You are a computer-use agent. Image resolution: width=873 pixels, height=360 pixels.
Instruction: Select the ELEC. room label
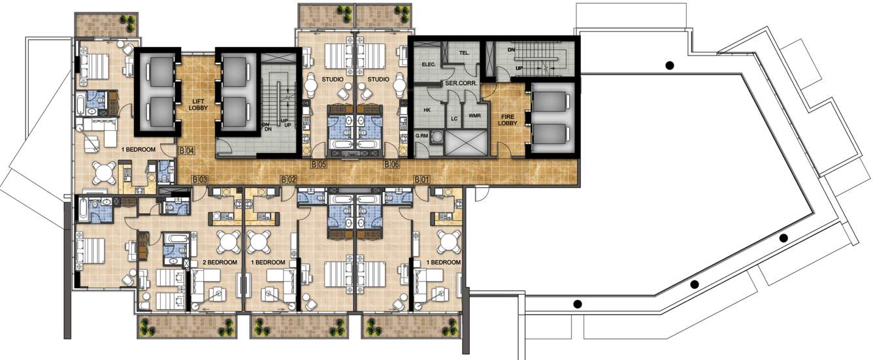click(428, 64)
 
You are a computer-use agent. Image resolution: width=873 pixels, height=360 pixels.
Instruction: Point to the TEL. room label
click(465, 52)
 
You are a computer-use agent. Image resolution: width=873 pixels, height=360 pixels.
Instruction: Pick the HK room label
click(426, 110)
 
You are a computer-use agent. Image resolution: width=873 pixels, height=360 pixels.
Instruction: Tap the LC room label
click(454, 119)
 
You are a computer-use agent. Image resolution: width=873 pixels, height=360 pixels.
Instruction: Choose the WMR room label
click(474, 116)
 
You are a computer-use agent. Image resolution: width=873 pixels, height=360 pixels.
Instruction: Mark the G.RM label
click(421, 137)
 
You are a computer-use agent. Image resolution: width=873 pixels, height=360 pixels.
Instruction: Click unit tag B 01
click(422, 178)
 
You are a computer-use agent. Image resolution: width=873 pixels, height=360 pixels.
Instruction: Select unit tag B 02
click(288, 178)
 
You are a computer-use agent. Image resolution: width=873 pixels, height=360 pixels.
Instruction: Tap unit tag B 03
click(199, 178)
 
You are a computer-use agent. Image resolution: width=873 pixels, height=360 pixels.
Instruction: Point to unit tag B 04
click(186, 151)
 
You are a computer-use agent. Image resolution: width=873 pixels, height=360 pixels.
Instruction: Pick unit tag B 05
click(318, 164)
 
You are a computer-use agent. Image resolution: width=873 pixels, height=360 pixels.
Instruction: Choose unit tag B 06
click(391, 164)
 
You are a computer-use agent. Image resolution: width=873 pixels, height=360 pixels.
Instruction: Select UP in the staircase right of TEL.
click(519, 67)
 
